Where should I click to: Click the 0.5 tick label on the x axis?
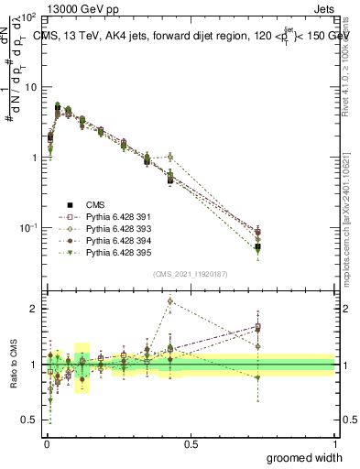tap(190, 443)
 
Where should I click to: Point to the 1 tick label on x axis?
tap(335, 443)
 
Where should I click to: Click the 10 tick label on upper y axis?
tap(31, 87)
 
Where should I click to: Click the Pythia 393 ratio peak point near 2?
tap(170, 300)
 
